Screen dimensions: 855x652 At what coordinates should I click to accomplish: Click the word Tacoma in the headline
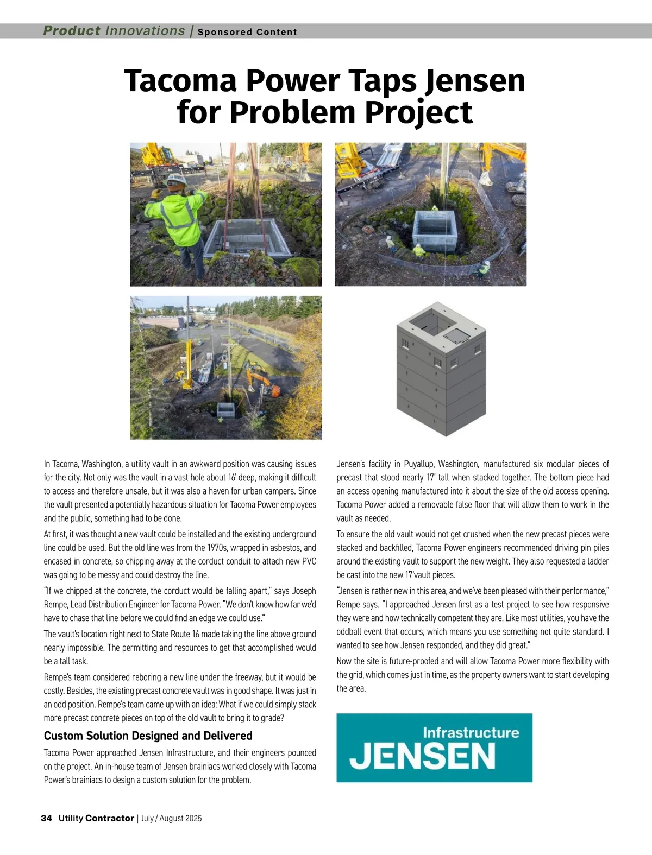point(179,81)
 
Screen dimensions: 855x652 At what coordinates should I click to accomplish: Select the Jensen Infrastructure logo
point(434,748)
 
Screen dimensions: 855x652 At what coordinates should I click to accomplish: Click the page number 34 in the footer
point(46,818)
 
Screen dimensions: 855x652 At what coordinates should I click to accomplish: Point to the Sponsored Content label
point(247,32)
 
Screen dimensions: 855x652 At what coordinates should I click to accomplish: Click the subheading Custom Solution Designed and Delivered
point(148,736)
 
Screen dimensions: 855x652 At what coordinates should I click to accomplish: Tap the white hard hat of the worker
point(175,180)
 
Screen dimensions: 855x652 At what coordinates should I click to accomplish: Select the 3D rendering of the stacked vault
point(441,369)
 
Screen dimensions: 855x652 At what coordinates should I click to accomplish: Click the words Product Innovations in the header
point(114,31)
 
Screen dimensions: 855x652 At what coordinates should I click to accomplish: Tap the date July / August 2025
point(171,818)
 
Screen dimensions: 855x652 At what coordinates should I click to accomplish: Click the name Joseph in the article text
point(304,591)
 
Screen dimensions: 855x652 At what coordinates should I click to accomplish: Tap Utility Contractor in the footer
point(96,818)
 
